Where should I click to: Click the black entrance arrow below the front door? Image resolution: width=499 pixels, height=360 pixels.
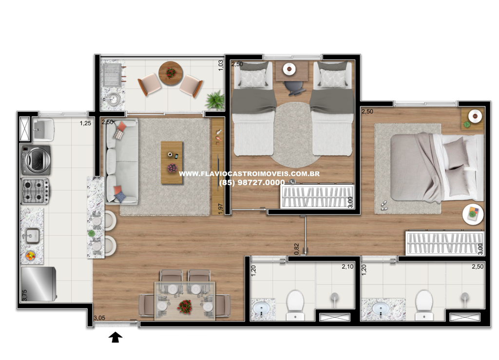click(115, 337)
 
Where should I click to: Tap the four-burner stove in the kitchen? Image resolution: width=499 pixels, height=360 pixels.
click(35, 191)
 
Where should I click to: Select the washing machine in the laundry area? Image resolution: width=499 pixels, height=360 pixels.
click(36, 160)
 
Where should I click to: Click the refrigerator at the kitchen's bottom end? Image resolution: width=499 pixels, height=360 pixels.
click(38, 284)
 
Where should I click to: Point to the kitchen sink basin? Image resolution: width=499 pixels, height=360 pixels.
click(33, 236)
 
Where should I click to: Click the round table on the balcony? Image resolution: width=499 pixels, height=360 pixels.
click(171, 73)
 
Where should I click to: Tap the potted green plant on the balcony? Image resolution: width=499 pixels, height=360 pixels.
click(215, 100)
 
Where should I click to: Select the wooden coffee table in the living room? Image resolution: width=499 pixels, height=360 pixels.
click(172, 163)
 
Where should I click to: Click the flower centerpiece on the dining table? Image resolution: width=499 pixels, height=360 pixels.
click(185, 306)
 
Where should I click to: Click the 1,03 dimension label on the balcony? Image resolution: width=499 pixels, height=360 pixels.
click(221, 65)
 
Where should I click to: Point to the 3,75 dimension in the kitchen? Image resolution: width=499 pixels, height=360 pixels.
click(24, 295)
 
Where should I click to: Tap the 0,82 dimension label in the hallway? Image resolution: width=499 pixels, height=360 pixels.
click(297, 249)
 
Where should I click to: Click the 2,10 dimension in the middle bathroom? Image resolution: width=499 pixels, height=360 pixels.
click(347, 266)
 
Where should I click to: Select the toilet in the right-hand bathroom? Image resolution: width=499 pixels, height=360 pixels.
click(424, 304)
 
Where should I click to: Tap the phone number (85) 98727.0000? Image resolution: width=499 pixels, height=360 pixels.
click(252, 183)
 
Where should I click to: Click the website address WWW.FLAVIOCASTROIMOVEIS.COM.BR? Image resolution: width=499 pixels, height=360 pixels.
click(249, 173)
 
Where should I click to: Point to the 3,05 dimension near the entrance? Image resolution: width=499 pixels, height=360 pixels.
click(99, 318)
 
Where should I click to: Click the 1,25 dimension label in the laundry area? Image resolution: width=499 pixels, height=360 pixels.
click(85, 123)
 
